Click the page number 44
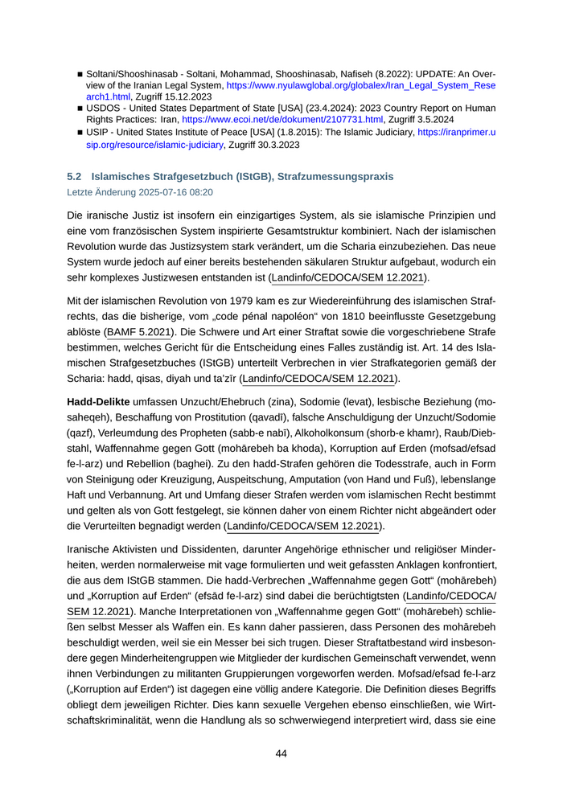click(x=281, y=753)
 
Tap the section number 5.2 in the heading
click(x=74, y=176)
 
